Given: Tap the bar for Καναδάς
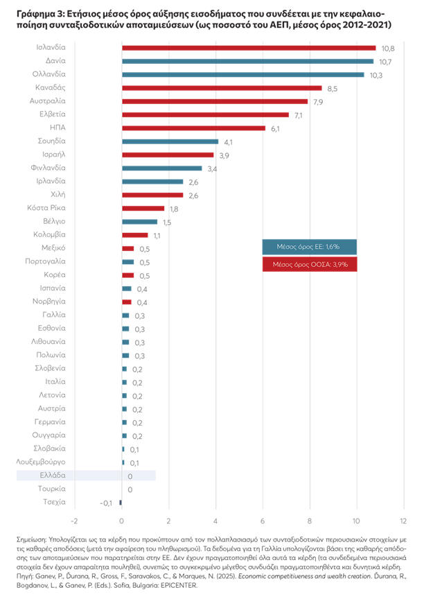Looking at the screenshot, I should click(x=222, y=88).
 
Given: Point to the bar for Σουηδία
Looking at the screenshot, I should click(x=170, y=141).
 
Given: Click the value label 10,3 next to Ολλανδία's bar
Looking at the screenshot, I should click(x=376, y=75).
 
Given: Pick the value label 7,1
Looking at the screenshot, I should click(x=299, y=115).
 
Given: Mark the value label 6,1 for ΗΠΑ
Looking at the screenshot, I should click(x=275, y=128).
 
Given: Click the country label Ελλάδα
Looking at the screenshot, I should click(x=52, y=476).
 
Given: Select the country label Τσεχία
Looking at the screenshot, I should click(x=53, y=501).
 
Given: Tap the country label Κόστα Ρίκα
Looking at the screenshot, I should click(x=46, y=208).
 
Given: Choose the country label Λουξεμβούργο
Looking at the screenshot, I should click(x=41, y=461).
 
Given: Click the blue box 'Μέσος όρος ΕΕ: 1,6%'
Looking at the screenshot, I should click(x=310, y=247).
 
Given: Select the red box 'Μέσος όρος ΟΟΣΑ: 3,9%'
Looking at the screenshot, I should click(x=310, y=264).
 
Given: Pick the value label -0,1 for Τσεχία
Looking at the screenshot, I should click(x=106, y=502).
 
